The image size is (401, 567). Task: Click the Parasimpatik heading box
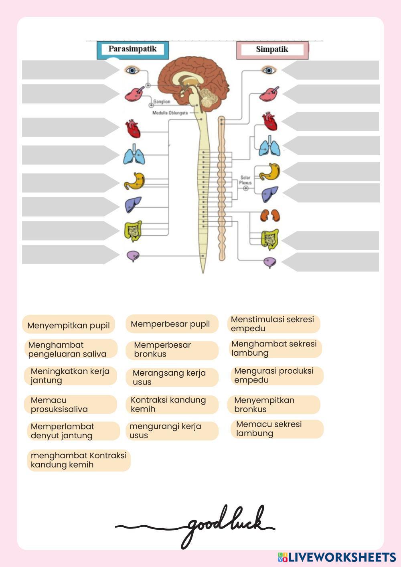tap(132, 50)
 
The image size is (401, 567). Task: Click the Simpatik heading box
tap(272, 50)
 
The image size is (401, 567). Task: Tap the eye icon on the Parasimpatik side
tap(132, 71)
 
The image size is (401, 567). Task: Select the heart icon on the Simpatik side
tap(269, 121)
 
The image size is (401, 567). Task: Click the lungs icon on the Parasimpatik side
tap(134, 155)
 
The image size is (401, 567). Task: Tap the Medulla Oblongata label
tap(170, 113)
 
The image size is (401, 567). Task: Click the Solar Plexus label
tap(245, 180)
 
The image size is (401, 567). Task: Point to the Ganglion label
tap(162, 102)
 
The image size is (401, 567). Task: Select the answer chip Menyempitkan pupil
tap(69, 325)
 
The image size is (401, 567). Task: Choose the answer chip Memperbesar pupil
tap(172, 324)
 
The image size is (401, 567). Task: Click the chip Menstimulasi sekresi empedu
tap(274, 324)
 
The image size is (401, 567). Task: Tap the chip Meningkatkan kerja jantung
tap(71, 376)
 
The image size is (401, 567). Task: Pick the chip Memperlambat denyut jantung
tap(73, 431)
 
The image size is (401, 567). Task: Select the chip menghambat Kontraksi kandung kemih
tap(79, 460)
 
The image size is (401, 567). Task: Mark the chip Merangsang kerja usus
tap(172, 377)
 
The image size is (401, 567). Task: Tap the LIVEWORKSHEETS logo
tap(337, 557)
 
